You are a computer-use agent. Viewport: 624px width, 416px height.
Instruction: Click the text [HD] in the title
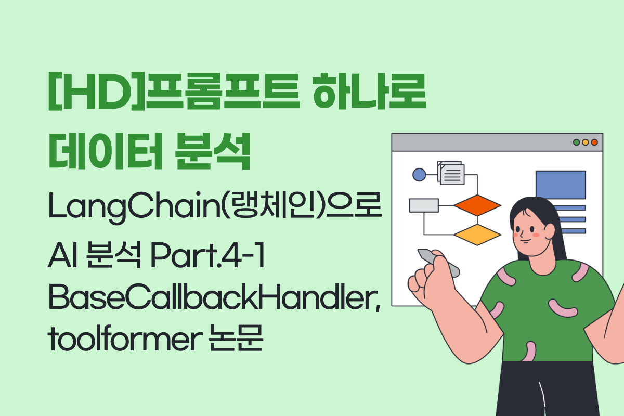pyautogui.click(x=97, y=92)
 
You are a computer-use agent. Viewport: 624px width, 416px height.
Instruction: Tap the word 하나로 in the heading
pyautogui.click(x=369, y=91)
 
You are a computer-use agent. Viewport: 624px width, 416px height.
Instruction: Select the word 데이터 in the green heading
pyautogui.click(x=105, y=151)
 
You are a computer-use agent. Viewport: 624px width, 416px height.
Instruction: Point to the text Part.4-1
pyautogui.click(x=207, y=255)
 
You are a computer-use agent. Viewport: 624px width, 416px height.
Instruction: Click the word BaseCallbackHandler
pyautogui.click(x=214, y=297)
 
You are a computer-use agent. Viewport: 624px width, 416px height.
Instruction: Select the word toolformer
pyautogui.click(x=125, y=339)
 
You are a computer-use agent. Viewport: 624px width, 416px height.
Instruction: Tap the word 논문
pyautogui.click(x=236, y=337)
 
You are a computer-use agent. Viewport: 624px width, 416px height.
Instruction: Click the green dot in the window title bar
pyautogui.click(x=576, y=142)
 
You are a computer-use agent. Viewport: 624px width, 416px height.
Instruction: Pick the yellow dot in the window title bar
pyautogui.click(x=586, y=142)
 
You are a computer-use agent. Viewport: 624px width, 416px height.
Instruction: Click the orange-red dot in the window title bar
pyautogui.click(x=594, y=142)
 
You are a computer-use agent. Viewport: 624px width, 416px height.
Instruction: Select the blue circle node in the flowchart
pyautogui.click(x=419, y=175)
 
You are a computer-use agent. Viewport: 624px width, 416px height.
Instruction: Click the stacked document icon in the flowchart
pyautogui.click(x=451, y=173)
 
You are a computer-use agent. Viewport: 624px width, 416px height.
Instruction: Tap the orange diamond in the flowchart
pyautogui.click(x=477, y=205)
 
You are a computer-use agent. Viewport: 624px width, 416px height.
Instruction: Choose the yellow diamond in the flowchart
pyautogui.click(x=477, y=235)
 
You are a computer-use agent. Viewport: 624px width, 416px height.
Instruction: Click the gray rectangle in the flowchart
pyautogui.click(x=424, y=205)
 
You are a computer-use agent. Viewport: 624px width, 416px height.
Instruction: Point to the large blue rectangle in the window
pyautogui.click(x=561, y=185)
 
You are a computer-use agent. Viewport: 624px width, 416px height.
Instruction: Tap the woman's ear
pyautogui.click(x=549, y=231)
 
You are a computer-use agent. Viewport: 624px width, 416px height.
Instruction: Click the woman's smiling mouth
pyautogui.click(x=526, y=241)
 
